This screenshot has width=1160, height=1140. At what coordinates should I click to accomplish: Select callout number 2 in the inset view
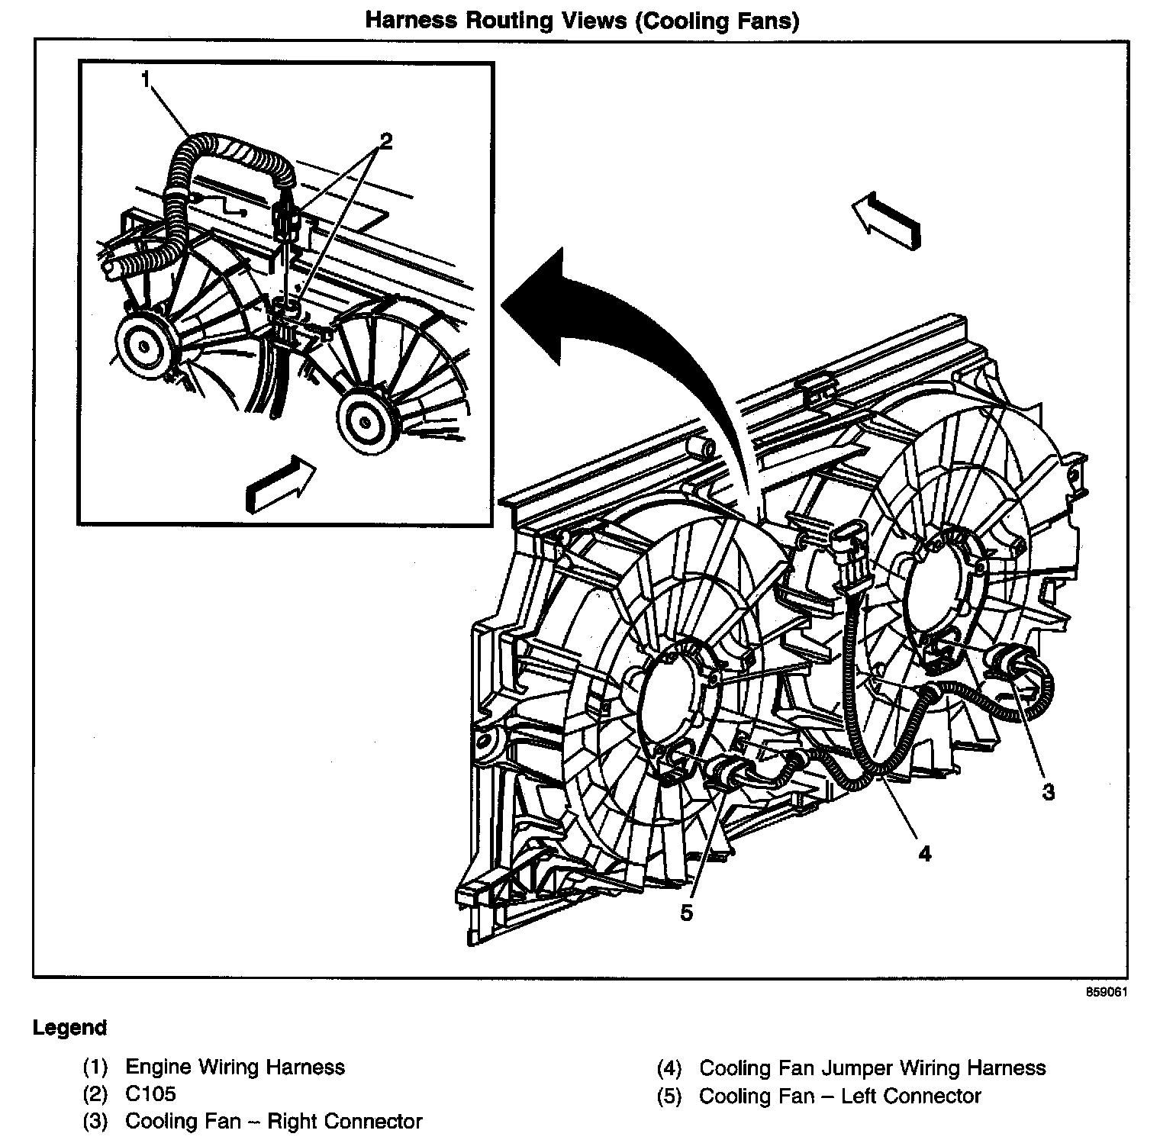[386, 140]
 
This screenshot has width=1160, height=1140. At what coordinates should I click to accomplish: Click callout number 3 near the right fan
[1049, 792]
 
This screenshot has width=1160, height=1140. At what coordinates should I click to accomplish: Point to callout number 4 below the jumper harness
[925, 853]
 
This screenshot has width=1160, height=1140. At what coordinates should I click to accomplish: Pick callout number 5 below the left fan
[686, 913]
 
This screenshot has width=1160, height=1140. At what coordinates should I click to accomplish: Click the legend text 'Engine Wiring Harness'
[235, 1066]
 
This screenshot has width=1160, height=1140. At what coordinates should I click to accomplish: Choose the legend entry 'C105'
[150, 1093]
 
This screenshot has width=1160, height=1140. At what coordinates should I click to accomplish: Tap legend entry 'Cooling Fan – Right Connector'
[273, 1121]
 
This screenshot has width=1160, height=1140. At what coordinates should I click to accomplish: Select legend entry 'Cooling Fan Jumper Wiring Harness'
[872, 1068]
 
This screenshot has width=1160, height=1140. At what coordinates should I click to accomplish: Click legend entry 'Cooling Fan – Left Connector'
[839, 1096]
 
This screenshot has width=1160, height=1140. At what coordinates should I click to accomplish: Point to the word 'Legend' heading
[69, 1027]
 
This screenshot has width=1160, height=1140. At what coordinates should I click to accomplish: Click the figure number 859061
[1107, 992]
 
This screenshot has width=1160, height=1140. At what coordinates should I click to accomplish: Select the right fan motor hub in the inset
[366, 420]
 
